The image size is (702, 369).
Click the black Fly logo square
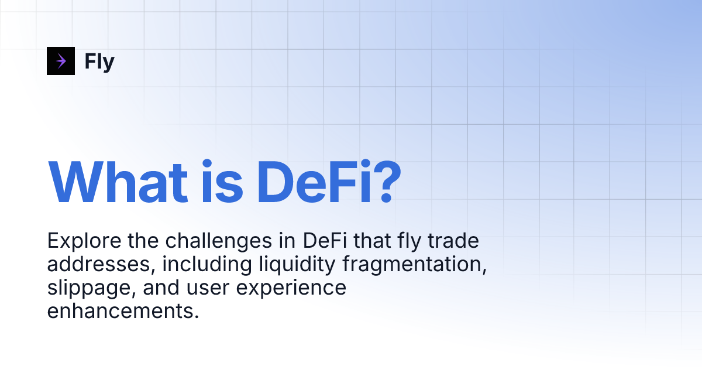click(61, 61)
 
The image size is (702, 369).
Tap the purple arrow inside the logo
click(61, 61)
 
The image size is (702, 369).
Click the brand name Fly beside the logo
click(99, 61)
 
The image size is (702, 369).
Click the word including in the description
click(207, 264)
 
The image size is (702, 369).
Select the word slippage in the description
click(88, 288)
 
